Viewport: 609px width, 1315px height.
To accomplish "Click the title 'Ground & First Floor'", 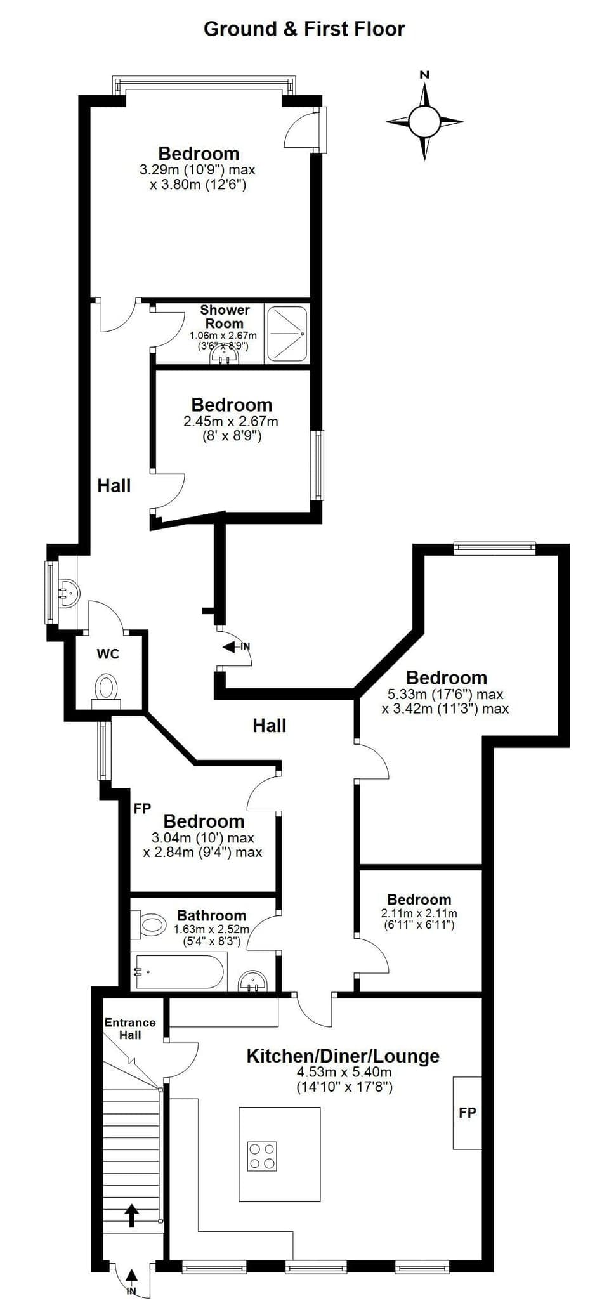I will (304, 29).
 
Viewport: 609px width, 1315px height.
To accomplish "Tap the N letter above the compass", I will (424, 75).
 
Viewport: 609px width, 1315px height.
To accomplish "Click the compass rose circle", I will (424, 121).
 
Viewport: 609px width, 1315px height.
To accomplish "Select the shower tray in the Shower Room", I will (287, 334).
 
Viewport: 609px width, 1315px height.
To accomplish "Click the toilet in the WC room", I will (107, 688).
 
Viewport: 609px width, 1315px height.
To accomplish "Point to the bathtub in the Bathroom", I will (178, 972).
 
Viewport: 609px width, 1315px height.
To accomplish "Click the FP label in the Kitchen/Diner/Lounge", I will (468, 1112).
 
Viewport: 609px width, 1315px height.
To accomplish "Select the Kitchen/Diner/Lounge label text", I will (343, 1056).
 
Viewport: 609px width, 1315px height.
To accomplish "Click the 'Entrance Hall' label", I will (130, 1028).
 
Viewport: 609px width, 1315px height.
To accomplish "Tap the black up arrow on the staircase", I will (131, 1215).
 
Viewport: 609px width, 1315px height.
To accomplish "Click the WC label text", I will (108, 654).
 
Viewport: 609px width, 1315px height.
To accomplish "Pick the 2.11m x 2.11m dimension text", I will (419, 913).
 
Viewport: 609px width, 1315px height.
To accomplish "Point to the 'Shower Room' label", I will (225, 317).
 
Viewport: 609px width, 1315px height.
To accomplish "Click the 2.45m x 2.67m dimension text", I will (231, 421).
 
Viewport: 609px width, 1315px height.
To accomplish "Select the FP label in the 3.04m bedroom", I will (142, 809).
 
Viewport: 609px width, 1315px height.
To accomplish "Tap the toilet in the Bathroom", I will (150, 924).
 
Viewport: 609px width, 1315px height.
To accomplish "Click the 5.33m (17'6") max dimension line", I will (445, 694).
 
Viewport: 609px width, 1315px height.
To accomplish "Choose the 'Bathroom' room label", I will (211, 915).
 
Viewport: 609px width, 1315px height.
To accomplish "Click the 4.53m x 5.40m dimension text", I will (344, 1073).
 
